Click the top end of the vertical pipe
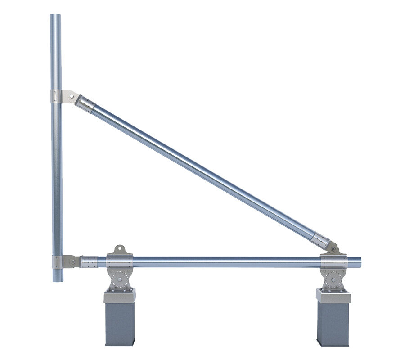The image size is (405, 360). click(x=56, y=16)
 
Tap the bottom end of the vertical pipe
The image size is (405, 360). click(x=57, y=280)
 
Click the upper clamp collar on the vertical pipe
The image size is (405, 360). click(x=56, y=96)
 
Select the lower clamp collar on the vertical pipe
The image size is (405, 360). click(x=57, y=262)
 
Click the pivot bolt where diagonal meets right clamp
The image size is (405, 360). click(x=333, y=247)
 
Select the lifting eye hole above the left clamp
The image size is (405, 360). click(x=119, y=248)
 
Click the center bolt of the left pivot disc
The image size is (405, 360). click(x=119, y=280)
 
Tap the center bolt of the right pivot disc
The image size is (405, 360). click(x=333, y=280)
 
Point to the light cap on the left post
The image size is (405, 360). click(x=119, y=296)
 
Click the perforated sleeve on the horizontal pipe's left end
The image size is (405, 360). click(x=89, y=262)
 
